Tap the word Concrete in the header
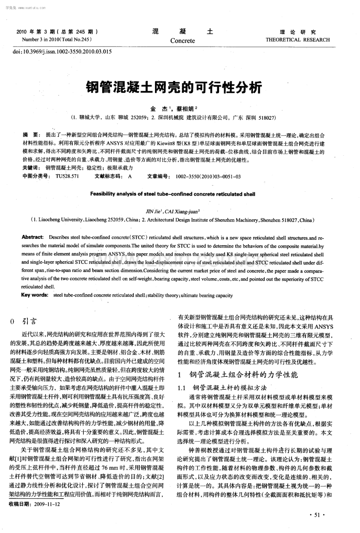tap(182, 41)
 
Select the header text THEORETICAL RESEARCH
tap(297, 40)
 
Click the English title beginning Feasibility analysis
tap(173, 193)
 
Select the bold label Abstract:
tap(33, 237)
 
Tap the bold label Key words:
tap(34, 295)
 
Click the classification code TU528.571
tap(67, 176)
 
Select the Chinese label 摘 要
tap(31, 134)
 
